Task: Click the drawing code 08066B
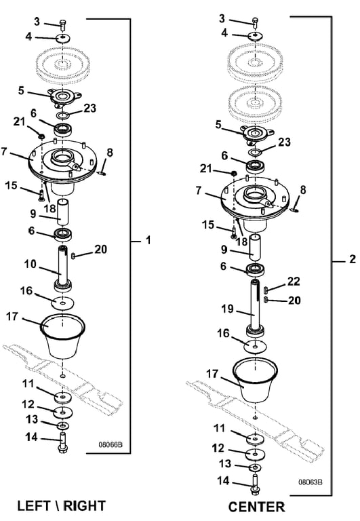tap(111, 444)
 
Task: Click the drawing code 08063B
tap(310, 482)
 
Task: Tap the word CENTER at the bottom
tap(256, 507)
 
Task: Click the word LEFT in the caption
tap(33, 506)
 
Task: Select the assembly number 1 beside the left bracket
tap(148, 240)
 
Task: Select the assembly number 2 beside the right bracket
tap(353, 259)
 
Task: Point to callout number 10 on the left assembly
tap(30, 264)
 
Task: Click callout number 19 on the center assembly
tap(228, 309)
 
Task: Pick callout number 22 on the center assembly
tap(294, 282)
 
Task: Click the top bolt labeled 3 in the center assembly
tap(256, 22)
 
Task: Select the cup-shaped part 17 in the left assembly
tap(63, 336)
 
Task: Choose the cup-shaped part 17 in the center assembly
tap(255, 381)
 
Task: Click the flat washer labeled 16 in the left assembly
tap(63, 303)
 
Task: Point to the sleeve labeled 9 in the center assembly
tap(255, 246)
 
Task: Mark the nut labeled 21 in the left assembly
tap(41, 136)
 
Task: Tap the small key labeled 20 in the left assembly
tap(73, 256)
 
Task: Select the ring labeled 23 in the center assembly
tap(255, 153)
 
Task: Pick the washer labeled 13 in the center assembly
tap(255, 468)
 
